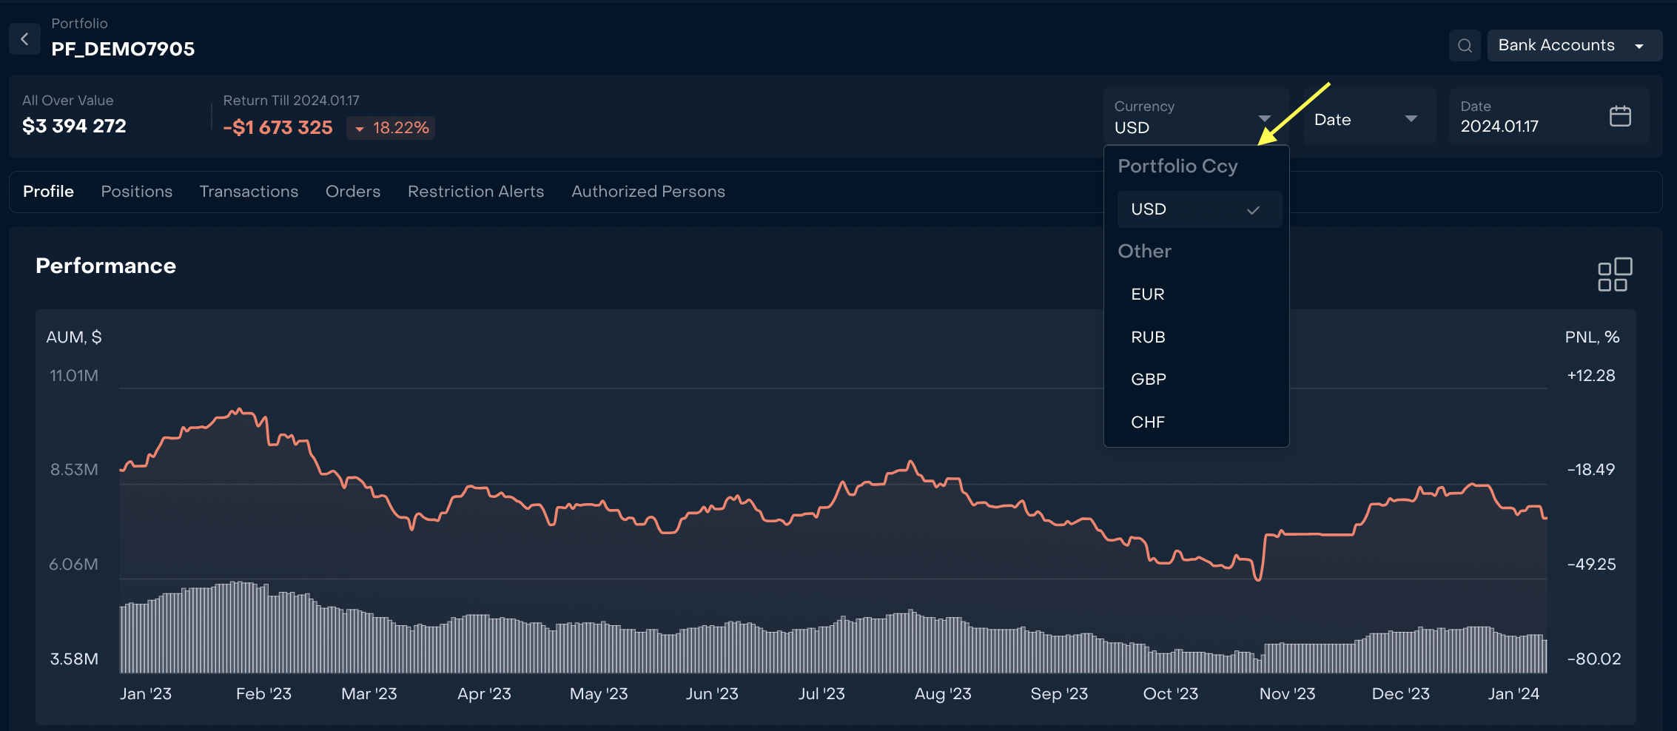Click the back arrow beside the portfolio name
24,39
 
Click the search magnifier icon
1465,46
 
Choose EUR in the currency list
1148,294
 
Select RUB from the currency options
1148,337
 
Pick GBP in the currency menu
1149,380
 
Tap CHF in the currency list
1148,422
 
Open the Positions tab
137,192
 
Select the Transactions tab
249,192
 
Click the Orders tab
353,192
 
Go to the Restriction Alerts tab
476,192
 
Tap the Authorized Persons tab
648,192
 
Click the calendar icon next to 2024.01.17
1620,117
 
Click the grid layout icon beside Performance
1614,274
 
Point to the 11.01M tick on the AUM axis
74,376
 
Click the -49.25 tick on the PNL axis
1591,565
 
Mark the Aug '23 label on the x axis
943,694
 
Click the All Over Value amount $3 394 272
74,127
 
